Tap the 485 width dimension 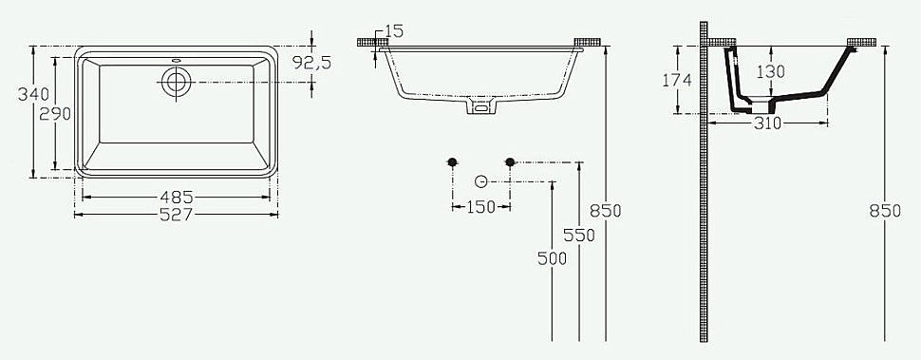177,197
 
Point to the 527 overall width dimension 177,215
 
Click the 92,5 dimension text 310,65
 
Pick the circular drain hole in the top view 176,82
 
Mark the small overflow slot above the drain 176,63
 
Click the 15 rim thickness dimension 394,31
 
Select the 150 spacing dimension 481,207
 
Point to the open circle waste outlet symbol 480,181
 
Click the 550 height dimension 579,236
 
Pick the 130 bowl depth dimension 772,71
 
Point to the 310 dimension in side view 769,123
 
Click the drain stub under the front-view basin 480,108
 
